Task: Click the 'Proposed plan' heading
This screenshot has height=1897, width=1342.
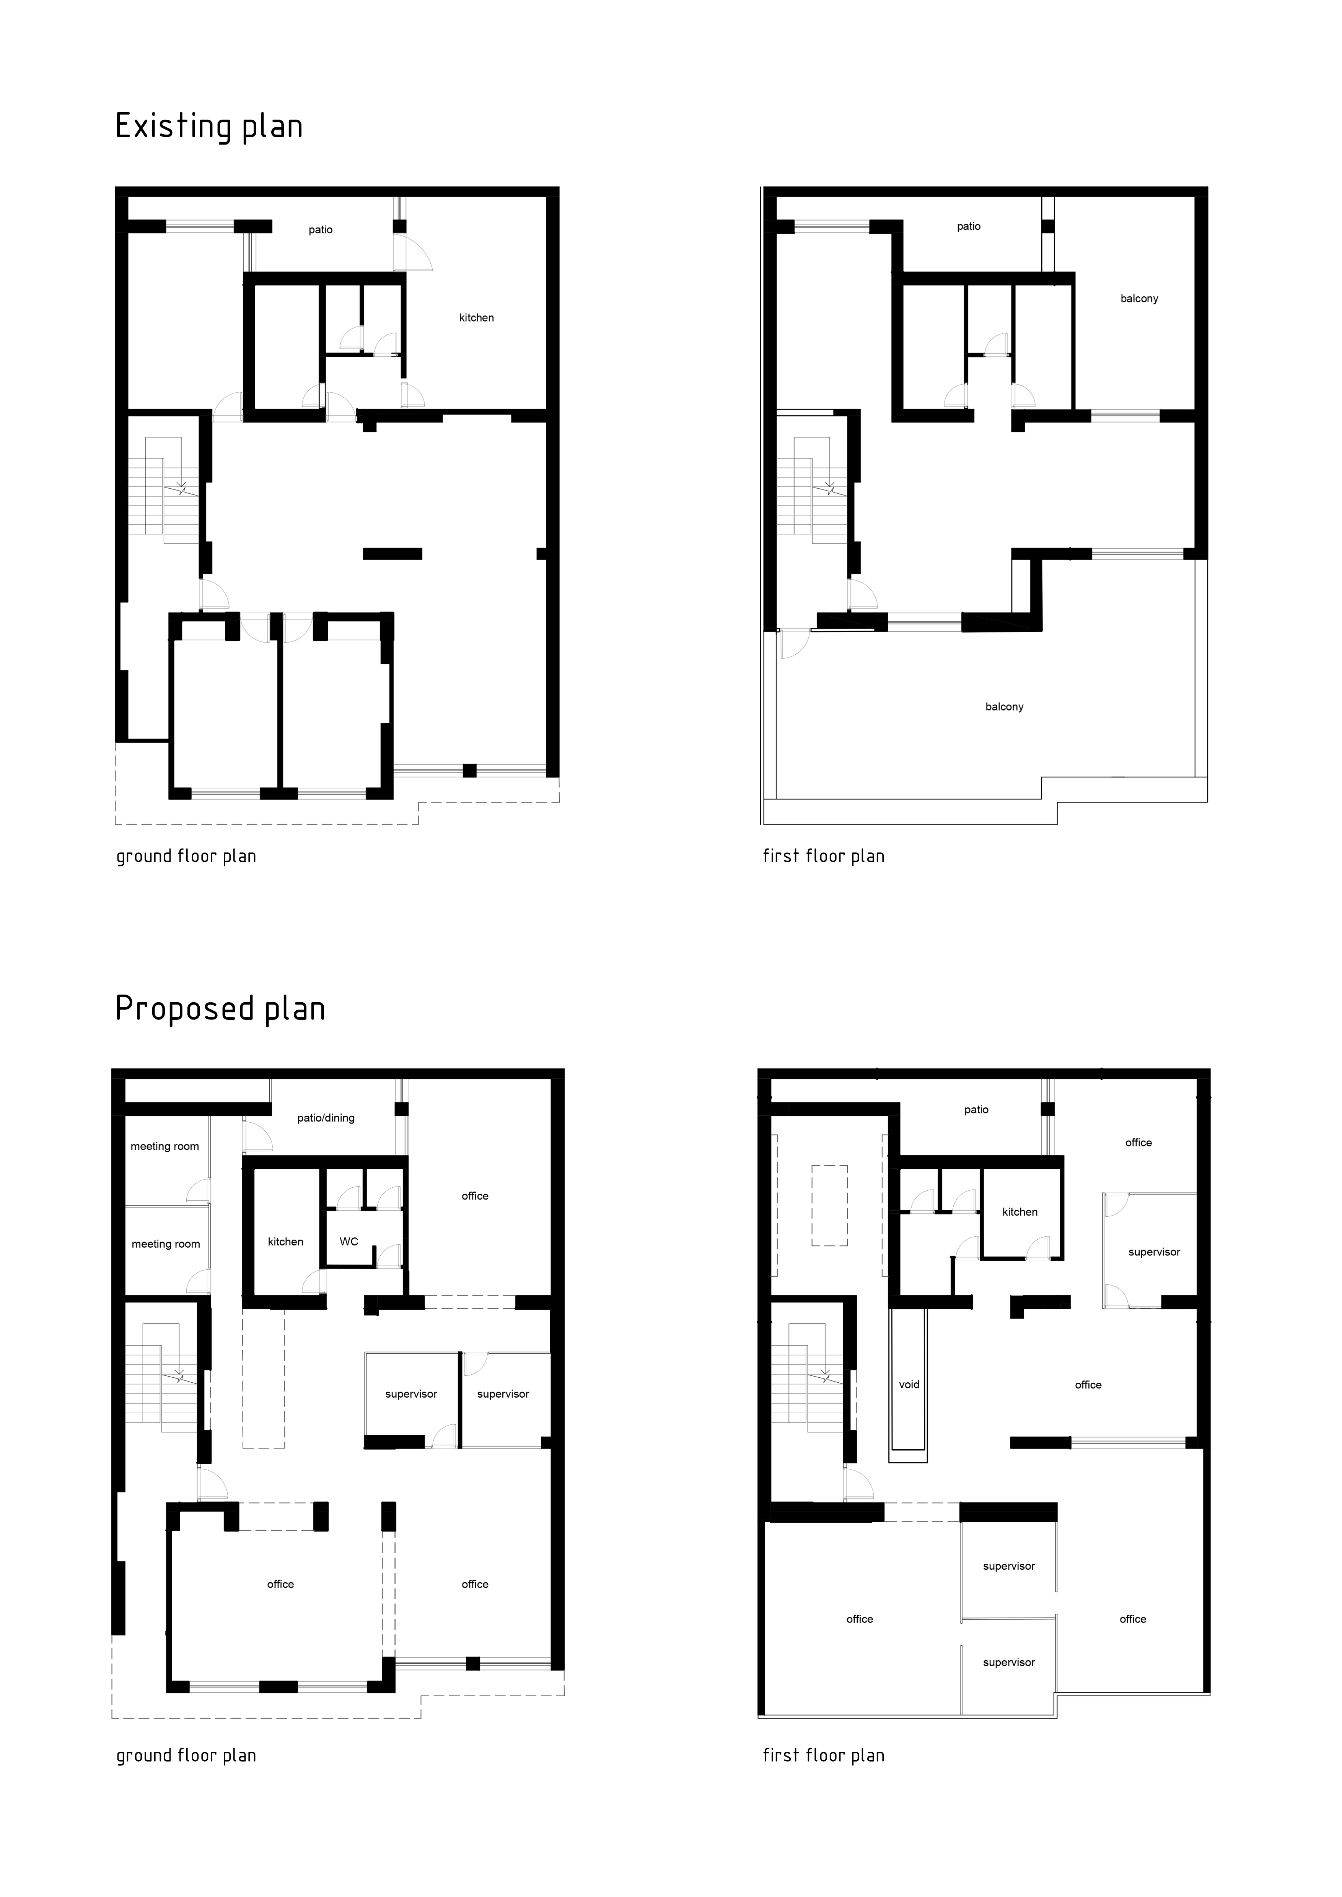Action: (x=220, y=1009)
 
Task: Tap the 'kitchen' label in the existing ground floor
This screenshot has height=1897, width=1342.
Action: (x=477, y=317)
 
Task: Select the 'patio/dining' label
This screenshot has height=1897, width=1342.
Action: (x=326, y=1118)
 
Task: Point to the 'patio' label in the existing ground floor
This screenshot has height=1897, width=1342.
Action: (x=321, y=230)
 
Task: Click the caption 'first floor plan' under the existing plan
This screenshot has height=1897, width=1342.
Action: (x=823, y=856)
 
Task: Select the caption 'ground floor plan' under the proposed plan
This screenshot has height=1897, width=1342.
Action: (x=186, y=1756)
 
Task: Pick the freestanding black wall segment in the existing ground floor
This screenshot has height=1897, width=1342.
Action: (x=393, y=554)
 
